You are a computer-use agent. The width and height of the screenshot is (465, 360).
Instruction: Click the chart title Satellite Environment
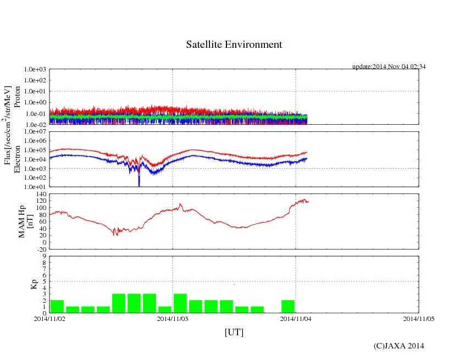[234, 45]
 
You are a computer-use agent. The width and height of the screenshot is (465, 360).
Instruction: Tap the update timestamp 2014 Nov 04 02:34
[389, 67]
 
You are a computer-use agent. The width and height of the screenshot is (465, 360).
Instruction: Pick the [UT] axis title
[234, 333]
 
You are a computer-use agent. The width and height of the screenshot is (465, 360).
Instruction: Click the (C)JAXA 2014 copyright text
[399, 346]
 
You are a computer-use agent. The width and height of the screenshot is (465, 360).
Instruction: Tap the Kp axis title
[32, 285]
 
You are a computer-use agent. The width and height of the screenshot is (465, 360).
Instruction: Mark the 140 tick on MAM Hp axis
[40, 194]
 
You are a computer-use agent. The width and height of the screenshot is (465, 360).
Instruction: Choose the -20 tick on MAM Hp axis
[40, 249]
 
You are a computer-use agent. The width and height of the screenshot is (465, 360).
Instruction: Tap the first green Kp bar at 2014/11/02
[57, 306]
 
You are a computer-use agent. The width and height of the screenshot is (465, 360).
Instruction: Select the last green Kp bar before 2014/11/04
[288, 306]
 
